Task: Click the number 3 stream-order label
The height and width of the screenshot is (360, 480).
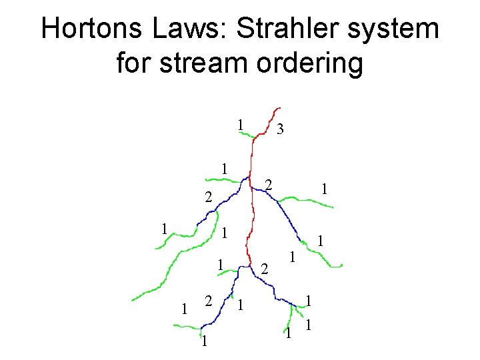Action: (281, 130)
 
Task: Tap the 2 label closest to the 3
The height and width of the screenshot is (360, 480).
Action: (267, 183)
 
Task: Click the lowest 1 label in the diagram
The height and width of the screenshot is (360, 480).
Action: (204, 342)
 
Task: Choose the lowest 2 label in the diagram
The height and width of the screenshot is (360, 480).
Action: (208, 301)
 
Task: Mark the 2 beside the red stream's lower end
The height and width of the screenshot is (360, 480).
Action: (264, 269)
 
